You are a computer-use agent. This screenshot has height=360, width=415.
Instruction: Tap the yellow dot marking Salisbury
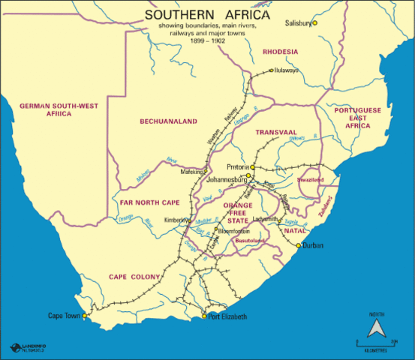(x=315, y=23)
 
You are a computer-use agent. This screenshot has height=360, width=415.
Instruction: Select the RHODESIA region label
(x=281, y=52)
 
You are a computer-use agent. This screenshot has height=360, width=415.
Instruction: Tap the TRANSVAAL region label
(x=276, y=132)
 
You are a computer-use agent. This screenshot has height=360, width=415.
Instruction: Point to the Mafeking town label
(x=192, y=171)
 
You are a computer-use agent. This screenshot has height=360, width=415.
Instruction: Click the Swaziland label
(x=309, y=181)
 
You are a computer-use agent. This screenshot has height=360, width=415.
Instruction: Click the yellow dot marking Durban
(x=298, y=245)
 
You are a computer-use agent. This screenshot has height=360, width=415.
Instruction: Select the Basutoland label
(x=251, y=241)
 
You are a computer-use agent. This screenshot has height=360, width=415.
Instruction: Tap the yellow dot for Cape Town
(x=85, y=316)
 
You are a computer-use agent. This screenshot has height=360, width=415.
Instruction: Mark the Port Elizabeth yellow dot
(x=204, y=316)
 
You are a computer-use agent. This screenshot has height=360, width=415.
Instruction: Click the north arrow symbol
(x=375, y=327)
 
